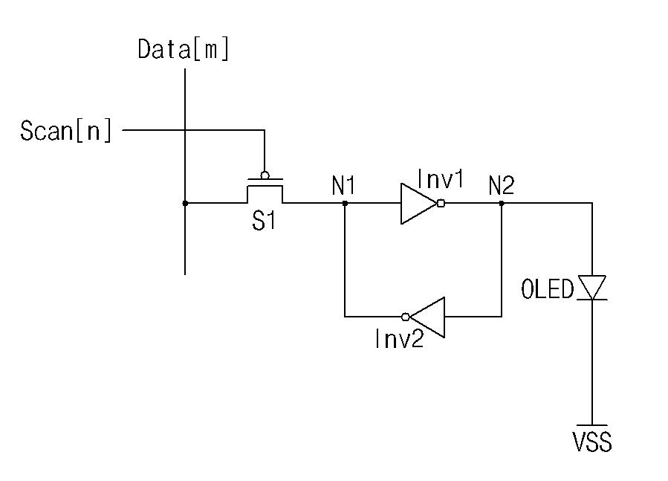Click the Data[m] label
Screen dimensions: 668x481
[x=184, y=49]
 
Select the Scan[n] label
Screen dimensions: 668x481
[x=66, y=131]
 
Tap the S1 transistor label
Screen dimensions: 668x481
[x=264, y=221]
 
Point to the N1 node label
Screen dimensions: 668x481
[x=343, y=186]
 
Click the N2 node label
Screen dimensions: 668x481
[x=502, y=186]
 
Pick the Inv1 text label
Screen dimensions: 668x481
[x=440, y=179]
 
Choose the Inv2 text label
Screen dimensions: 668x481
[x=400, y=338]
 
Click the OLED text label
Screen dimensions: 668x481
[x=548, y=289]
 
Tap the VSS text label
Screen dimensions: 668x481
[x=593, y=442]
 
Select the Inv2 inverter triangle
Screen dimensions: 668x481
[x=427, y=317]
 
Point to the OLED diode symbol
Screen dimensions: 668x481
[x=592, y=288]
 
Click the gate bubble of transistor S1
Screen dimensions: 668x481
[x=265, y=175]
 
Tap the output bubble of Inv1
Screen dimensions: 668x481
[x=441, y=204]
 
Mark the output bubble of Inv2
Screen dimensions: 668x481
[x=405, y=317]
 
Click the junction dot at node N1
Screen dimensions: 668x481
[x=345, y=204]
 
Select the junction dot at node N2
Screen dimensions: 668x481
[x=502, y=204]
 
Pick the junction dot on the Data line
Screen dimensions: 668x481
[x=185, y=204]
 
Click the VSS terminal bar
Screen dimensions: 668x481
[x=592, y=425]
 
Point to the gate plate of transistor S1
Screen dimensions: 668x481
[x=265, y=179]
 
